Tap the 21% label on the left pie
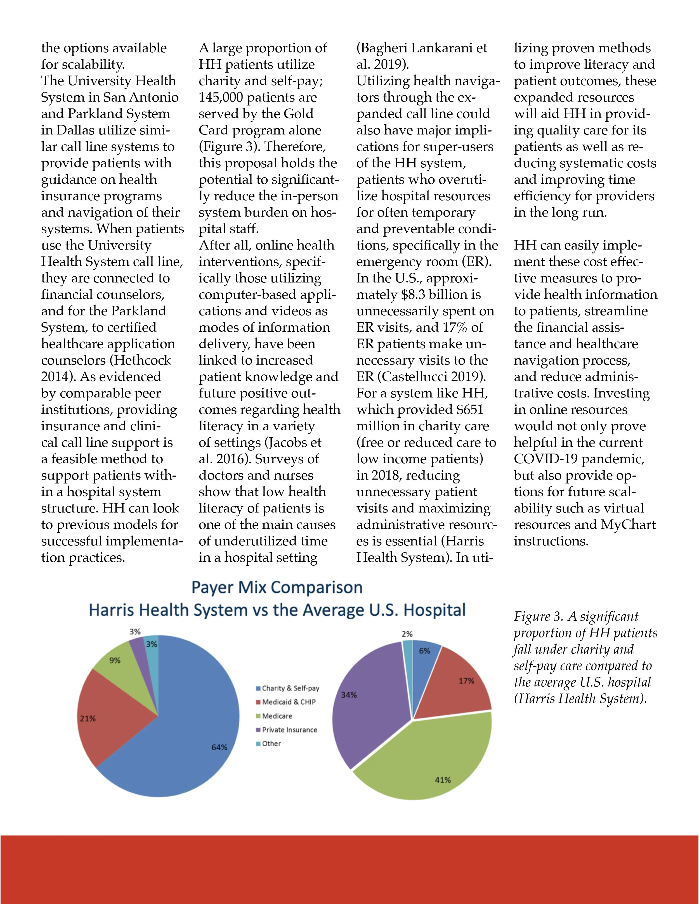coord(88,718)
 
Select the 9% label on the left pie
coord(115,661)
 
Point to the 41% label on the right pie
coord(443,780)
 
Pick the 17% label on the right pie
coord(466,681)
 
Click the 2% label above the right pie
coord(407,634)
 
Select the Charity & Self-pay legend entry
coord(290,688)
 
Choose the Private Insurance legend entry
coord(289,730)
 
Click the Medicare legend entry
coord(277,716)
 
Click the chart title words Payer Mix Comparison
coord(277,587)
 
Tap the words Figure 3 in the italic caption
coord(538,617)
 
